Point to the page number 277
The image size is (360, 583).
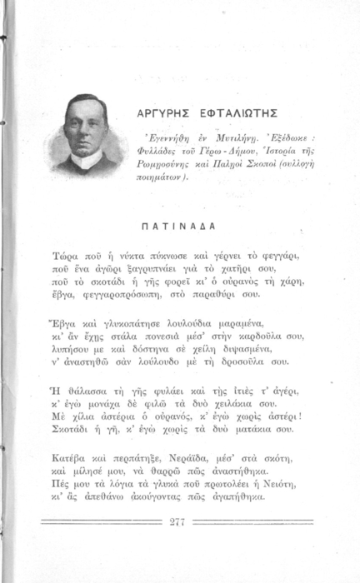(x=176, y=522)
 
